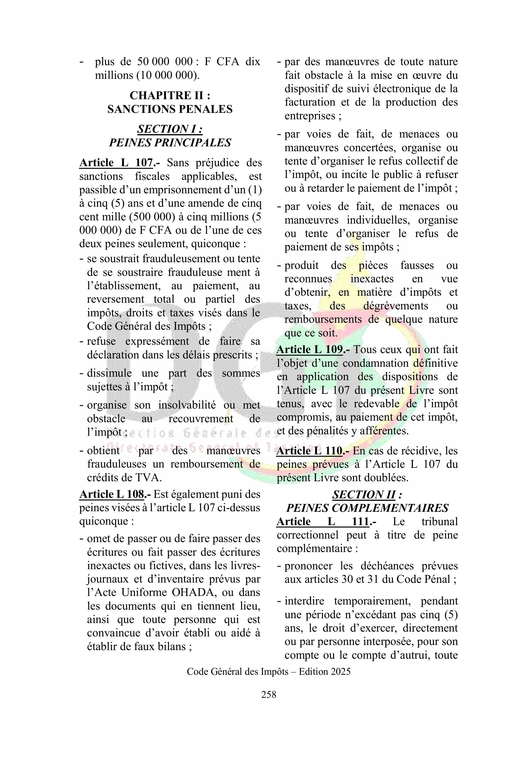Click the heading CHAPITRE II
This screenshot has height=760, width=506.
click(x=170, y=95)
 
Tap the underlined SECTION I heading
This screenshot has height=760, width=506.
click(x=170, y=129)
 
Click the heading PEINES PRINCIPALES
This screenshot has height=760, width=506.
click(x=170, y=143)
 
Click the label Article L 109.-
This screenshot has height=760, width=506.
click(x=313, y=349)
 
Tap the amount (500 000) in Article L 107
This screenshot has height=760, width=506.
click(x=152, y=217)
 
